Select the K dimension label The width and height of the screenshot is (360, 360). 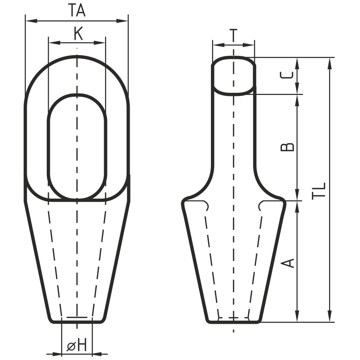[x=78, y=33]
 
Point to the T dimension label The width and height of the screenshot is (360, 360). [x=233, y=36]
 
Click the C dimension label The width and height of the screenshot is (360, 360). [x=287, y=75]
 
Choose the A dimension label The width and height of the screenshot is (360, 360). [x=288, y=263]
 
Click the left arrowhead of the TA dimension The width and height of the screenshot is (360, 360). [x=31, y=21]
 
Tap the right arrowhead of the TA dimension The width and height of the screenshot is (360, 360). [x=122, y=21]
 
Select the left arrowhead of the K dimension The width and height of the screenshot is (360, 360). [x=54, y=43]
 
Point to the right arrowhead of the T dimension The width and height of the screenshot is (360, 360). [x=249, y=45]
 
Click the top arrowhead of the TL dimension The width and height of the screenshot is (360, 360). [x=330, y=64]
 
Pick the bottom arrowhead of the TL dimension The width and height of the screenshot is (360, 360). [x=330, y=316]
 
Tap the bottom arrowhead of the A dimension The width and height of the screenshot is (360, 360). [x=297, y=316]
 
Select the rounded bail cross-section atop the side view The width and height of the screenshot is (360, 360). [x=233, y=75]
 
